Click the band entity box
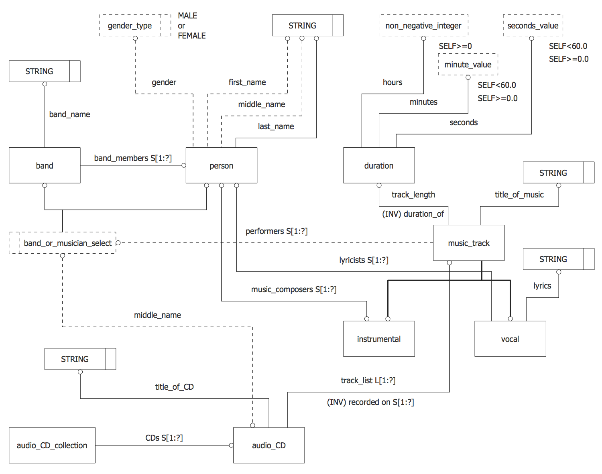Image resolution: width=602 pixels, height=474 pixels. pos(45,165)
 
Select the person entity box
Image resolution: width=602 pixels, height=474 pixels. pos(221,165)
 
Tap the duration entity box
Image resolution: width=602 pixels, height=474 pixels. pos(379,165)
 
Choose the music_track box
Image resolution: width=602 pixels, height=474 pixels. pos(469,243)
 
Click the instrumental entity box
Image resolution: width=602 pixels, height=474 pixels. pos(379,339)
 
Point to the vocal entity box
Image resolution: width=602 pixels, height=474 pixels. pos(510,339)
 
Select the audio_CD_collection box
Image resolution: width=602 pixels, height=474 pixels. pos(52,445)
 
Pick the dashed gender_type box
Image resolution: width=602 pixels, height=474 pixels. pos(130,26)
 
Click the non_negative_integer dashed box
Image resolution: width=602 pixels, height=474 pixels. pos(423,26)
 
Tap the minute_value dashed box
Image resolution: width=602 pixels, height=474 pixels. pos(468,65)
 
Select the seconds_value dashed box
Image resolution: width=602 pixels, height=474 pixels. pos(533,26)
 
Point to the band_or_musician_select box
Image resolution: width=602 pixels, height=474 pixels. pos(67,243)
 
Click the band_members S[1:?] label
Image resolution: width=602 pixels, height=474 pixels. pos(133,158)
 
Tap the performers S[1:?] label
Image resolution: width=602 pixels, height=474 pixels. pos(277,231)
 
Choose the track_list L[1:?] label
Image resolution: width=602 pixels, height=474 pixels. pos(368,380)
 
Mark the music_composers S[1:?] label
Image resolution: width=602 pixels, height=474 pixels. pos(294,289)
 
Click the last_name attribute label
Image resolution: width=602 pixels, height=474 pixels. pos(276,126)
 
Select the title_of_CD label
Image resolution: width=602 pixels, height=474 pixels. pos(174,387)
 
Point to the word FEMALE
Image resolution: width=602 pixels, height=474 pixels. pos(192,36)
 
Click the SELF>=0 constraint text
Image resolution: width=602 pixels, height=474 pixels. pos(455,46)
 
